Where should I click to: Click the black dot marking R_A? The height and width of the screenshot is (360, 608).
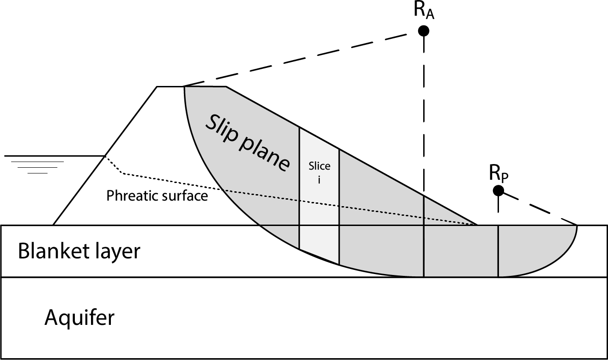(424, 31)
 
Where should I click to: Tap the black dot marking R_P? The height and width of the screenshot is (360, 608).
(498, 190)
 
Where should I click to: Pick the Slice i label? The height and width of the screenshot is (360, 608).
(319, 172)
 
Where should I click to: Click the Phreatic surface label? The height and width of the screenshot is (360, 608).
(157, 196)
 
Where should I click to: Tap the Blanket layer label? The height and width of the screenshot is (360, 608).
(79, 252)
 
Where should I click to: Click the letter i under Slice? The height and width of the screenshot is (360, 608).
(319, 179)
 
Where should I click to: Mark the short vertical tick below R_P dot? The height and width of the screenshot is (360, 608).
(498, 203)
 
